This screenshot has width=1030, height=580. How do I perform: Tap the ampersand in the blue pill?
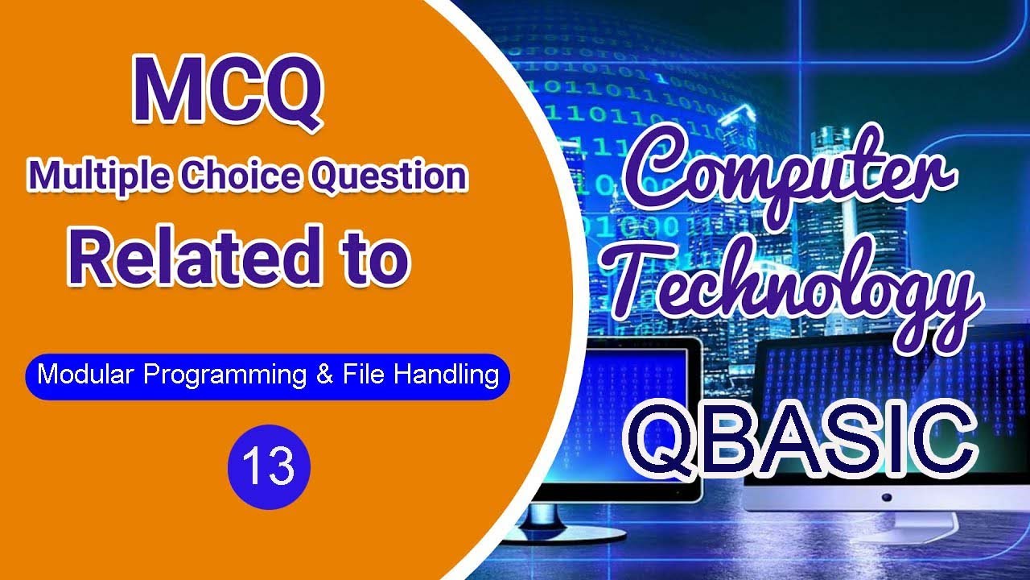(325, 375)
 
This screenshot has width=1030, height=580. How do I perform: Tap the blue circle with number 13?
(269, 466)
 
